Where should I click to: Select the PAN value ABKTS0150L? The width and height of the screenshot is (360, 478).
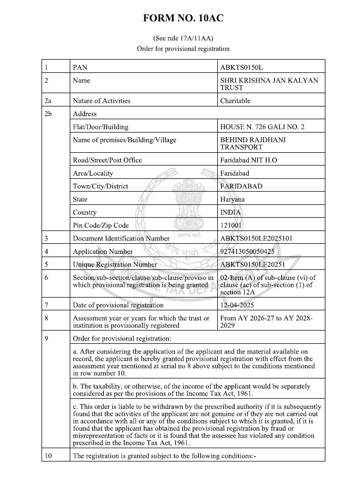point(242,68)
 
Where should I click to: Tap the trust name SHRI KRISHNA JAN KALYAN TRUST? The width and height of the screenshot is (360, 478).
point(269,84)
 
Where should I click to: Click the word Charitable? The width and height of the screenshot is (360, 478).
point(235,101)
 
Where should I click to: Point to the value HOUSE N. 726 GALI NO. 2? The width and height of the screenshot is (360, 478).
point(262,127)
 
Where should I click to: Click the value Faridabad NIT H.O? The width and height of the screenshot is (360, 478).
point(248,160)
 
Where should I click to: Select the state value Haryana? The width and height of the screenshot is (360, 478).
point(232,199)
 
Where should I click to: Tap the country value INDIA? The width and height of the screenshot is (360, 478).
point(230,212)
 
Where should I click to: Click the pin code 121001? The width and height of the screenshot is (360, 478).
point(231,225)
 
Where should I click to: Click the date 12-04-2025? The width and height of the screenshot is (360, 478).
point(238,306)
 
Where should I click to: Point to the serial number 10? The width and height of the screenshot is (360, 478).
point(49,456)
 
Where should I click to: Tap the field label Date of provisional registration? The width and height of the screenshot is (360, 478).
point(118,306)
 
